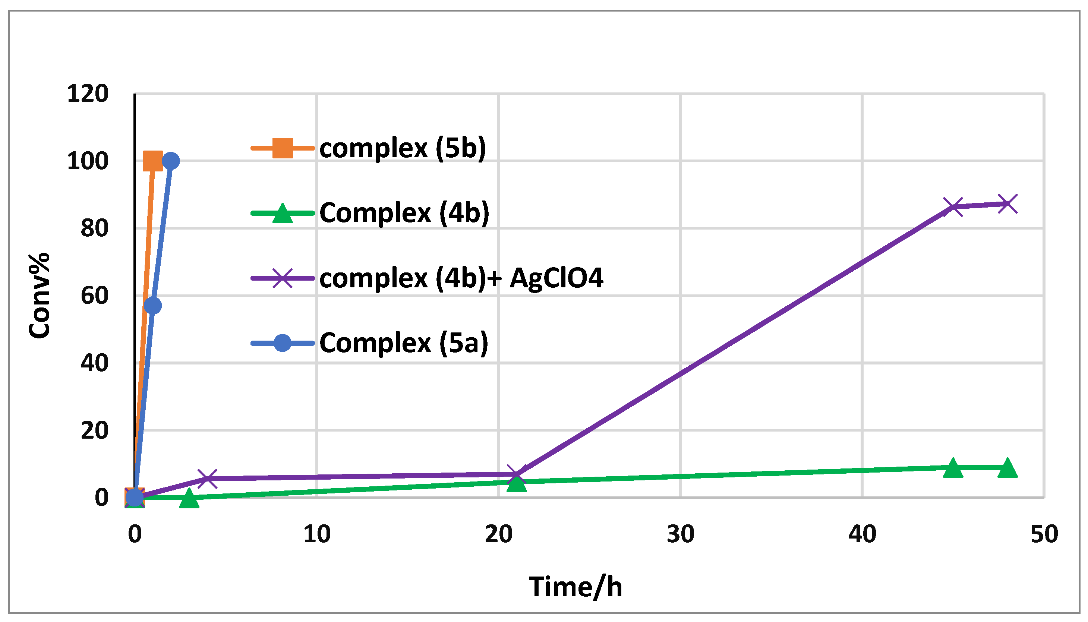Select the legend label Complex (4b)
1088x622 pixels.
[404, 213]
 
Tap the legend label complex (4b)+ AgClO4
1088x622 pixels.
[461, 278]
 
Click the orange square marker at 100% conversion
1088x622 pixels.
[152, 161]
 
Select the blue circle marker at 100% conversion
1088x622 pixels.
[171, 161]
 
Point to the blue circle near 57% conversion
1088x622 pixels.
[152, 306]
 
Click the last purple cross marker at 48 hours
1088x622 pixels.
[1007, 204]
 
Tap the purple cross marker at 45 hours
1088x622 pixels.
[953, 207]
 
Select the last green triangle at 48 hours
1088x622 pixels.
[1007, 468]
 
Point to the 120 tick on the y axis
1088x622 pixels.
[88, 94]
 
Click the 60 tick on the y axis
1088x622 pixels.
[94, 296]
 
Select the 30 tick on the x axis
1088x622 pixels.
[680, 534]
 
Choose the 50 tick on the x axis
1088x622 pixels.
[1044, 534]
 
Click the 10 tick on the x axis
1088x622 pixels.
[316, 534]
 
